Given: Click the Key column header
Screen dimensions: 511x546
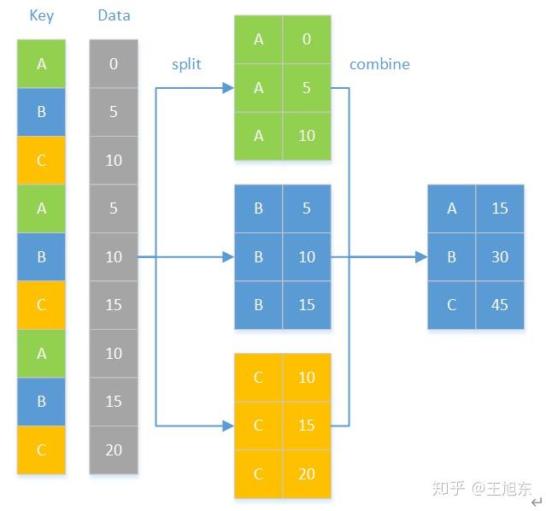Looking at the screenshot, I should pyautogui.click(x=41, y=16).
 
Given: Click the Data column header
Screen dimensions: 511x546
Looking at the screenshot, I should pyautogui.click(x=114, y=16).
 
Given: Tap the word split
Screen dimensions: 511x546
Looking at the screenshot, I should pyautogui.click(x=186, y=64).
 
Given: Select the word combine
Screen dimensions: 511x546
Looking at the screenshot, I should pyautogui.click(x=379, y=64).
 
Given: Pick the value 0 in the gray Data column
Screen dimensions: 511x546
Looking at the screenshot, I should pyautogui.click(x=114, y=64).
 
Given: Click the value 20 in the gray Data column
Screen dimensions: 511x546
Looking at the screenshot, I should pyautogui.click(x=114, y=449).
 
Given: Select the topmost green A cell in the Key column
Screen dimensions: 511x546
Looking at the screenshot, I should pyautogui.click(x=41, y=64).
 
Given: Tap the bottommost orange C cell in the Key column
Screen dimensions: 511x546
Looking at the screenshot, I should pyautogui.click(x=41, y=449).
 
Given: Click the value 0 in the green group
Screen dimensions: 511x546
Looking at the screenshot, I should pyautogui.click(x=307, y=39).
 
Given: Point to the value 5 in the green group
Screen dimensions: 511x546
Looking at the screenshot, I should pyautogui.click(x=307, y=87).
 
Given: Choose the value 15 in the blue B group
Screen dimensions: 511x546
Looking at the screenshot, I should pyautogui.click(x=307, y=305).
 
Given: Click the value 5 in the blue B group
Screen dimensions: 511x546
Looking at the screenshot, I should pyautogui.click(x=307, y=209).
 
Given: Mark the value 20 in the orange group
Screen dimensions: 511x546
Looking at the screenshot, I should pyautogui.click(x=307, y=473).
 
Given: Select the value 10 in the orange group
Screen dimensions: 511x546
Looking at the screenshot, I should pyautogui.click(x=307, y=377).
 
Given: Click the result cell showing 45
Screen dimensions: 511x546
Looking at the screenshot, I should pyautogui.click(x=500, y=305).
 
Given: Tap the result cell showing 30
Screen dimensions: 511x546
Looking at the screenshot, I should pyautogui.click(x=500, y=256).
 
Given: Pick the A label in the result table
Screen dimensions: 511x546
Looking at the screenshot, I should pyautogui.click(x=452, y=209).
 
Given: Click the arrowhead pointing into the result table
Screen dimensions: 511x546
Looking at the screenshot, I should pyautogui.click(x=420, y=256).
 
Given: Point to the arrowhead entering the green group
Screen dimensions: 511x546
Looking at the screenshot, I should pyautogui.click(x=227, y=87).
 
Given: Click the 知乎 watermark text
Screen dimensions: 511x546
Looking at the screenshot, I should pyautogui.click(x=449, y=488).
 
